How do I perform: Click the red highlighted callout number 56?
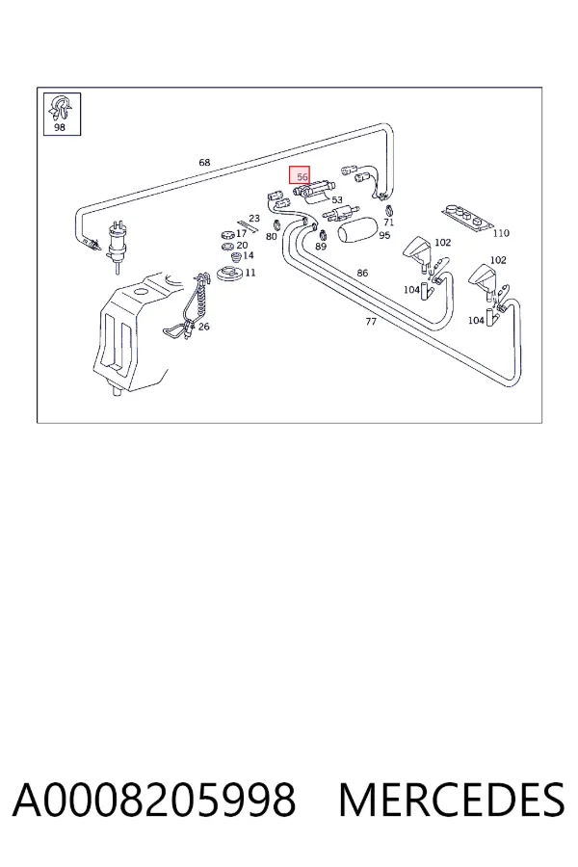302,177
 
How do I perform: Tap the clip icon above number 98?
61,108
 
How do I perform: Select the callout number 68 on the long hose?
204,163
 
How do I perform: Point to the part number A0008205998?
154,799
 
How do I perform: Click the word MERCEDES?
452,799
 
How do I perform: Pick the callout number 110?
501,233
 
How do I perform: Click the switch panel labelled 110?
467,218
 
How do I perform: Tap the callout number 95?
384,235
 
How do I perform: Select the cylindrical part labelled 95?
357,230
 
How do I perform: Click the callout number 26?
203,327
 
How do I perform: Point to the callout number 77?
371,321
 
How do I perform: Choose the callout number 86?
362,273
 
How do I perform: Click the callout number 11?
250,273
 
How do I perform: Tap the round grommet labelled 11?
230,274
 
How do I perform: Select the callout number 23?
254,219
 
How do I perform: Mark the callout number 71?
389,223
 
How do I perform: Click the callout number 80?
271,237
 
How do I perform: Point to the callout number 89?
321,247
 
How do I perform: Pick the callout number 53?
337,200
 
